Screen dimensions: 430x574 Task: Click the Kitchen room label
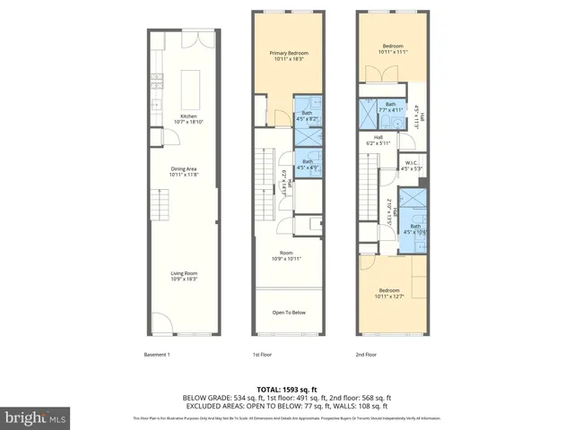coord(187,119)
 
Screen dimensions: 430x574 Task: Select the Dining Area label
coord(187,171)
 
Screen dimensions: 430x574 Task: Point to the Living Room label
coord(185,275)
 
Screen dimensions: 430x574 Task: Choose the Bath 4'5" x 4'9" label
coord(308,164)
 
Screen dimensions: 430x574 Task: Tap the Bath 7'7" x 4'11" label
coord(391,107)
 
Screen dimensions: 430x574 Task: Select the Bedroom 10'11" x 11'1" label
coord(393,49)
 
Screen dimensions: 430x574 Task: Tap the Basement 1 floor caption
coord(157,356)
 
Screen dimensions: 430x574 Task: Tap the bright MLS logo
coord(36,417)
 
